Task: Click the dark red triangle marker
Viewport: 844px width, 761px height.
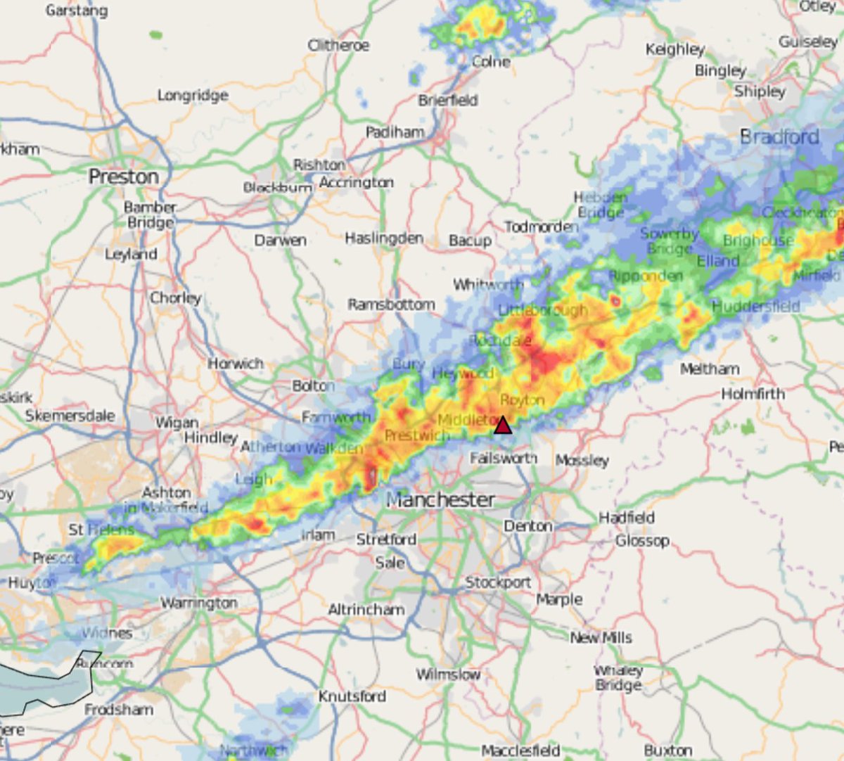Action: [x=502, y=426]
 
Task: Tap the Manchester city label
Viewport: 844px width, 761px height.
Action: [x=440, y=500]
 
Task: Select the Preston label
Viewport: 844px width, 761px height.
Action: [x=123, y=177]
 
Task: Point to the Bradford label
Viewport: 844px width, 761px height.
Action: [x=779, y=136]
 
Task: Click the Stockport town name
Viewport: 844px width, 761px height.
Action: [x=498, y=582]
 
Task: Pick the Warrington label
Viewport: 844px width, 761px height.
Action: [x=199, y=603]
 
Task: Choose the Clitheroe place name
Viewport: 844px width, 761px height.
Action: [x=338, y=45]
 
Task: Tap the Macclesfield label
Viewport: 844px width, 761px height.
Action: [x=520, y=750]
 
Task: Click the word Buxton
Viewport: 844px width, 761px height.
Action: [x=667, y=750]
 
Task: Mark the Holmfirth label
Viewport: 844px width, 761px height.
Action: [x=753, y=394]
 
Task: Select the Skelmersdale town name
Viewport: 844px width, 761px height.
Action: [x=70, y=416]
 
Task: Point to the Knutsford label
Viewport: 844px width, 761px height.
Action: [x=352, y=696]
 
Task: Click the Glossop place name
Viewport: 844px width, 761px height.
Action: [x=641, y=541]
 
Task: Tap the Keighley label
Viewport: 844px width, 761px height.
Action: [x=674, y=49]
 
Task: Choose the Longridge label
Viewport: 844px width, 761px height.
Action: [x=193, y=95]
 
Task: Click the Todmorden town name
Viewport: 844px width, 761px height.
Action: [x=541, y=226]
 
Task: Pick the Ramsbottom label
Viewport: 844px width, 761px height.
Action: [x=391, y=305]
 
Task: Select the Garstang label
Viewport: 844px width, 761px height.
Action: [x=77, y=11]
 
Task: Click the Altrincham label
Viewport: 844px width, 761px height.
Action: [x=366, y=610]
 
